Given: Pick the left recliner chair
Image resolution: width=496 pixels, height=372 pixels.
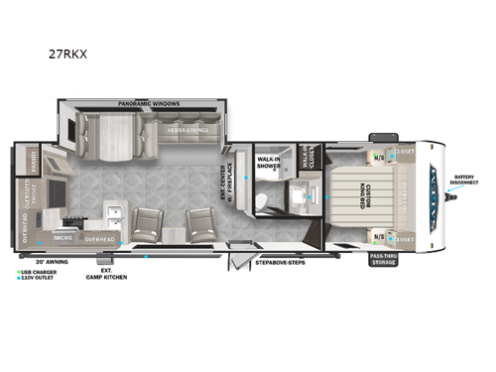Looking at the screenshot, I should coord(145,225).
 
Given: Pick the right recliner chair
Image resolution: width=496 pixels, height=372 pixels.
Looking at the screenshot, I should coord(203,225).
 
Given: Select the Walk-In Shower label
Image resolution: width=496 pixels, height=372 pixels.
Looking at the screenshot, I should coord(268,163).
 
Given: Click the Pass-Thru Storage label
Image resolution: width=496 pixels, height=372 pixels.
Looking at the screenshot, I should coord(385,260).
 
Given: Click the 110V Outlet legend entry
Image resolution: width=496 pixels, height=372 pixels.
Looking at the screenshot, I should coord(38,276).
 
